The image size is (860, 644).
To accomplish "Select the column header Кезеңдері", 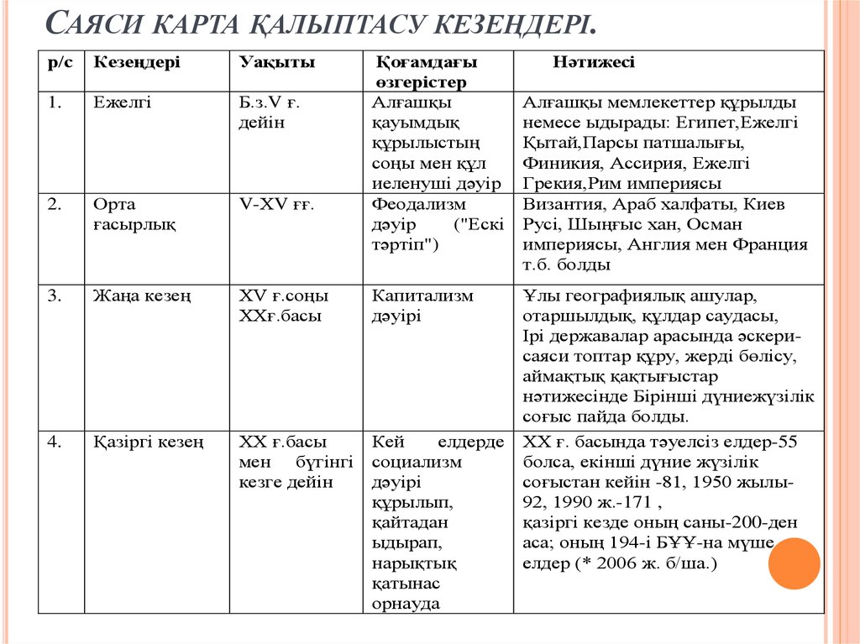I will tap(136, 63).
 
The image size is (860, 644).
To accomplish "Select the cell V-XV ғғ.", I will tap(276, 205).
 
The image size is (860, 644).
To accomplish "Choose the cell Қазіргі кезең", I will tap(149, 442).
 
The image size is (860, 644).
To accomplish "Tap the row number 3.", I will tap(53, 296).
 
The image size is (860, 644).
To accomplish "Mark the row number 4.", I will tap(53, 442).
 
